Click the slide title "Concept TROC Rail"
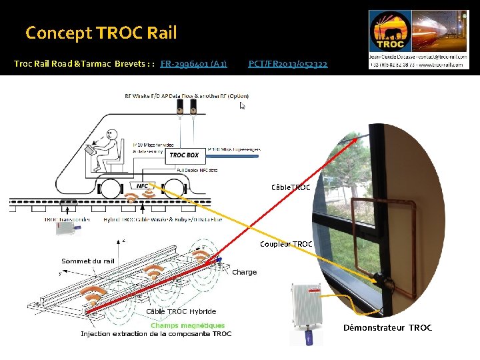coord(101,32)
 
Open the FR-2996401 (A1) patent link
coord(193,64)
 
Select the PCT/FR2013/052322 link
coord(287,64)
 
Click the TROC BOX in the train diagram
coord(184,155)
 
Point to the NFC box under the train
coord(141,186)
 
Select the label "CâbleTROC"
coord(291,188)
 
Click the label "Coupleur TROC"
coord(286,244)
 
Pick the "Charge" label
coord(244,272)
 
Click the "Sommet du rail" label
coord(87,261)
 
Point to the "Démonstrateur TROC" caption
coord(387,327)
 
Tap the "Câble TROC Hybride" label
coord(181,311)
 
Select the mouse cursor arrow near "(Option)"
coord(243,105)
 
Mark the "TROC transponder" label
coord(69,219)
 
